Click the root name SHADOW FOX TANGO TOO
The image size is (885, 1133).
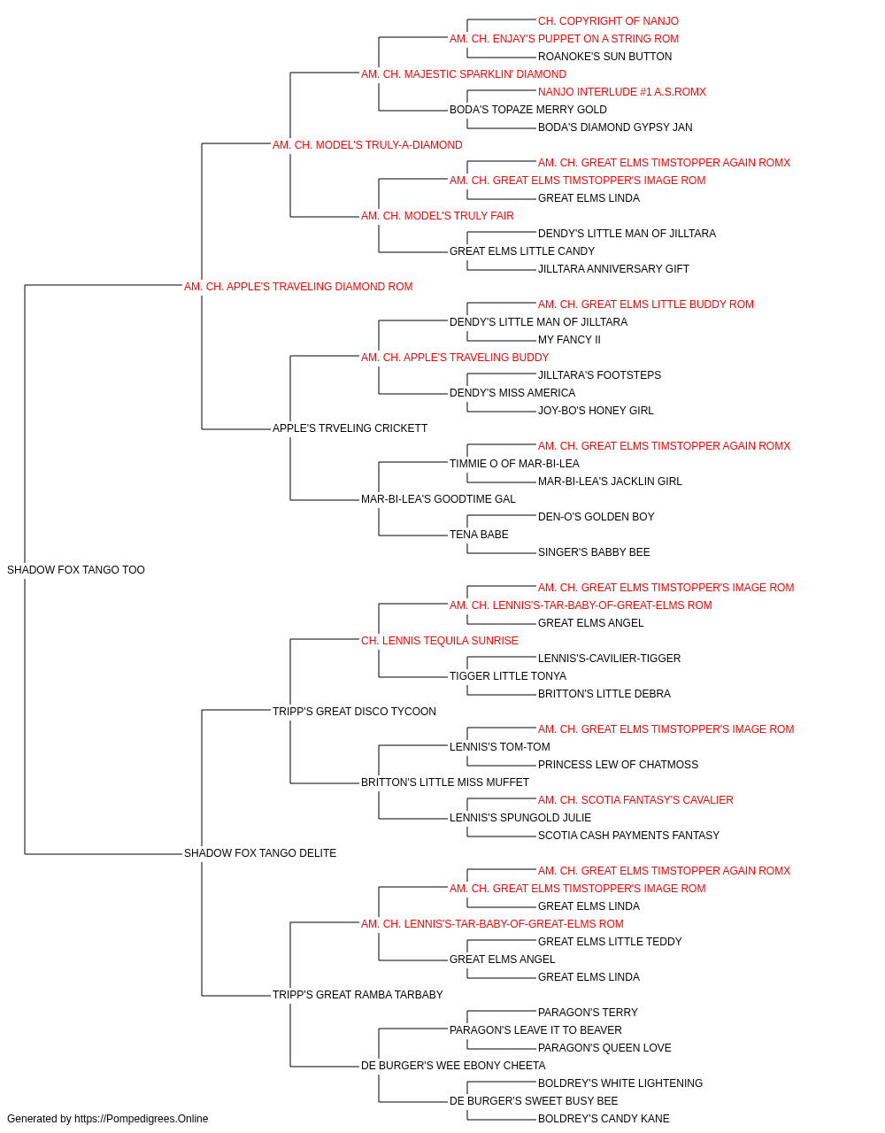[76, 570]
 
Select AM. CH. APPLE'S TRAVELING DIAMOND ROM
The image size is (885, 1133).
[298, 287]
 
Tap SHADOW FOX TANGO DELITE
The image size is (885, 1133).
[260, 853]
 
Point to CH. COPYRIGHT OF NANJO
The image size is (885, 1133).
[608, 21]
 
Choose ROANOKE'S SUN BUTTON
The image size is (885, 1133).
[604, 57]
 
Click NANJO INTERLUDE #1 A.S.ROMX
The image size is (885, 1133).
[622, 92]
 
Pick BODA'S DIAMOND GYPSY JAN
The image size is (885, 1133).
[615, 127]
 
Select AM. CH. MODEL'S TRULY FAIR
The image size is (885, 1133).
[437, 216]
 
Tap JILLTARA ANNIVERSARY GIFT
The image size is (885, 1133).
[613, 269]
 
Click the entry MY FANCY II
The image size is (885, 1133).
[569, 340]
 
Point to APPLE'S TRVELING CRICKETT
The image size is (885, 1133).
[350, 428]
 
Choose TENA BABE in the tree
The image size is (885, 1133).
[479, 535]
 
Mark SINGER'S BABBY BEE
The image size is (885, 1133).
[594, 552]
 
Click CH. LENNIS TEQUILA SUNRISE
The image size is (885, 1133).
[439, 641]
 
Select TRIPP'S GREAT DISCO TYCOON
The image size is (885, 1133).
[354, 712]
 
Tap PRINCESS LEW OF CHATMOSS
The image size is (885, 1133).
[618, 765]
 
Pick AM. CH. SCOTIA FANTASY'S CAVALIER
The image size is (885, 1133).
[635, 800]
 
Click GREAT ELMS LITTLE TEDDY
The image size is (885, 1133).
[610, 942]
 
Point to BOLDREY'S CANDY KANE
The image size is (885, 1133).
[604, 1119]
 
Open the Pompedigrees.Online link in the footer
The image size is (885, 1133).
[142, 1119]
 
